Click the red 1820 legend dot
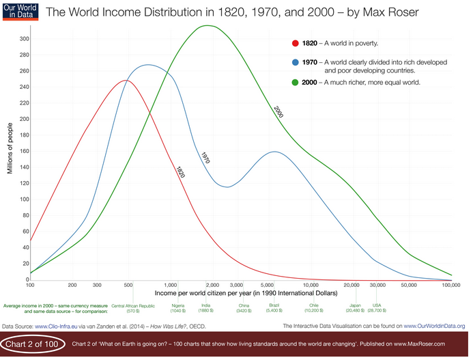tap(296, 42)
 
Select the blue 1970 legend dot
tap(296, 62)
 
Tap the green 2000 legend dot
tap(296, 83)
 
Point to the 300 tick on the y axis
tap(24, 39)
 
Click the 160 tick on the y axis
tap(24, 151)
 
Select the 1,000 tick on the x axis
tap(171, 284)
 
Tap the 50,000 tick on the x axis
tap(408, 284)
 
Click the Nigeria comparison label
tap(178, 305)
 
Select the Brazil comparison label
tap(274, 305)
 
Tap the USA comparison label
tap(376, 305)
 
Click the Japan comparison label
tap(354, 305)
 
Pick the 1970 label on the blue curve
tap(205, 158)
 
